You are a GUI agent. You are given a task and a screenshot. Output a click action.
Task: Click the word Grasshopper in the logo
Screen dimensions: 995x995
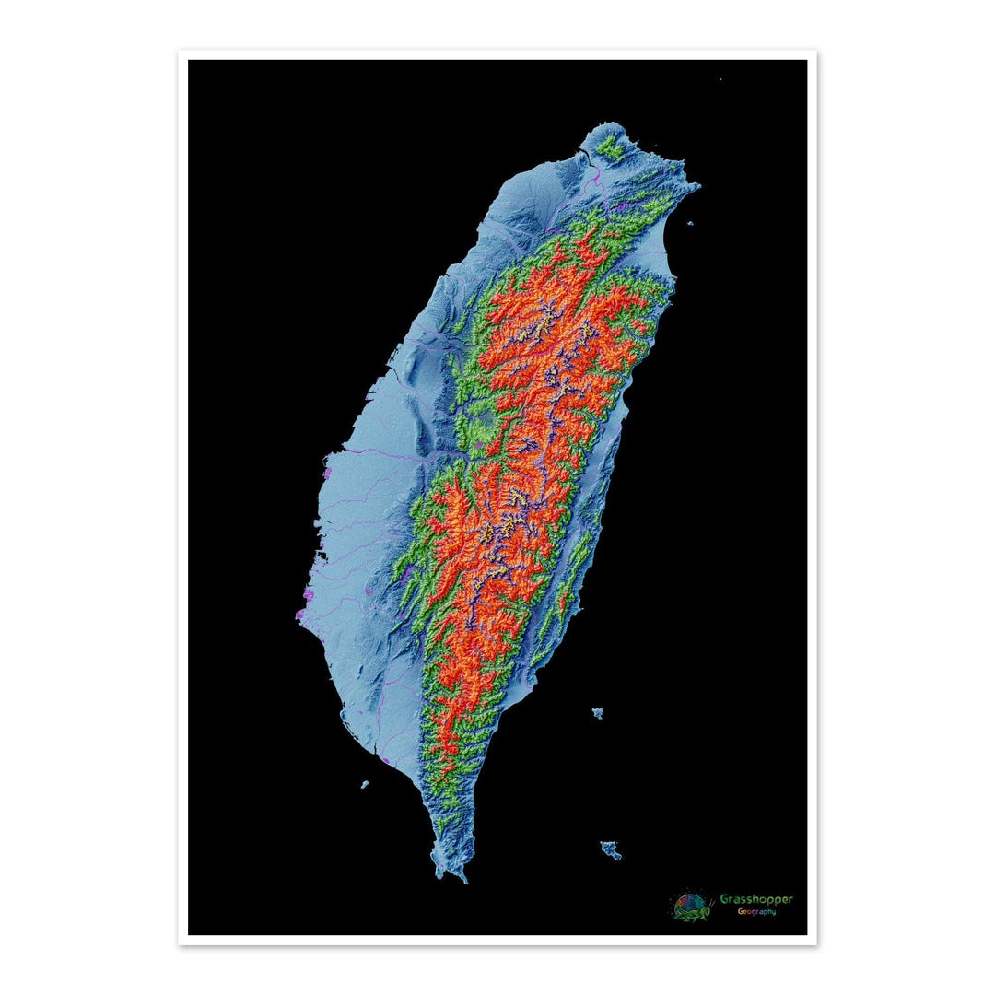pyautogui.click(x=755, y=899)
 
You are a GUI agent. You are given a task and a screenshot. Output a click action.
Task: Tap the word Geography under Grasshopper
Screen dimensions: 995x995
pyautogui.click(x=755, y=912)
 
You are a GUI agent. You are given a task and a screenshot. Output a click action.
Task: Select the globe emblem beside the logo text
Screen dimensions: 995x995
pyautogui.click(x=690, y=906)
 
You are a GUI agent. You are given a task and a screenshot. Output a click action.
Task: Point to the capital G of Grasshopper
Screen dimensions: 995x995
pyautogui.click(x=724, y=899)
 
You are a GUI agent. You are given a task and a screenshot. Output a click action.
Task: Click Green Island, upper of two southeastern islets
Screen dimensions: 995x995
pyautogui.click(x=598, y=713)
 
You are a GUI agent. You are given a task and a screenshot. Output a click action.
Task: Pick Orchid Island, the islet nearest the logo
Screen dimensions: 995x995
pyautogui.click(x=610, y=849)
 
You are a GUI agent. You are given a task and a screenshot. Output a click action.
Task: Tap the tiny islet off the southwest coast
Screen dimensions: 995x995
pyautogui.click(x=365, y=785)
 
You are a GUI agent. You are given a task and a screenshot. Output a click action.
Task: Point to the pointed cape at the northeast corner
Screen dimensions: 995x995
pyautogui.click(x=696, y=187)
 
